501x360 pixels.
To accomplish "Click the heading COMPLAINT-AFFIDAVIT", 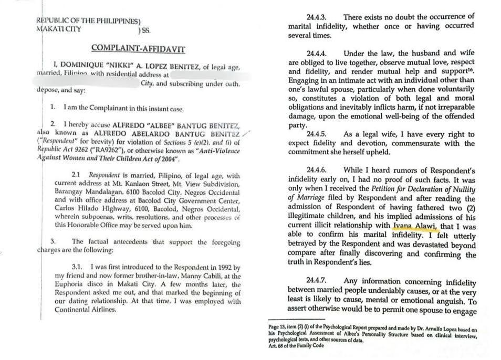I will click(138, 48).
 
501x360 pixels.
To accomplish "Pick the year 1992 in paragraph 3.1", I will click(212, 268).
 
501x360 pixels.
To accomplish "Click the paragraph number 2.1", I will click(77, 176).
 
